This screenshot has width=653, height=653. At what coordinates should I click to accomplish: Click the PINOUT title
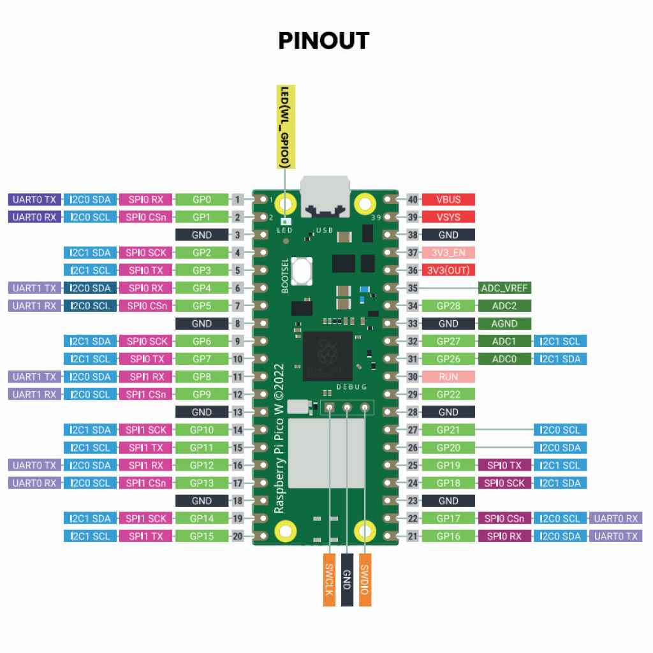point(323,41)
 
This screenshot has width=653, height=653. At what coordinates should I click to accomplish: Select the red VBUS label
point(448,200)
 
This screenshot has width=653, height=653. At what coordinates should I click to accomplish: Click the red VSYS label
point(448,217)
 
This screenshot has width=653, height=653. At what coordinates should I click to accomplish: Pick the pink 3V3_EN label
point(448,253)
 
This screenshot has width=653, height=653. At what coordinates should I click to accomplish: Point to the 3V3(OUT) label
point(448,270)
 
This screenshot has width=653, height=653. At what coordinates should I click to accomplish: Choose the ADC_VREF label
point(504,288)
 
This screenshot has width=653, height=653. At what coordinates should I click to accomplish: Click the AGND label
point(504,323)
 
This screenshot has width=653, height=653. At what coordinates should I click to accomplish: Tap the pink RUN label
point(448,376)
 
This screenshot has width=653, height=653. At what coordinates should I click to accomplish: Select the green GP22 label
point(448,394)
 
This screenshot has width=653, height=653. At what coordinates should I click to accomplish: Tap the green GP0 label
point(202,200)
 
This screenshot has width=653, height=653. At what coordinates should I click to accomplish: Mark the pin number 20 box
point(238,536)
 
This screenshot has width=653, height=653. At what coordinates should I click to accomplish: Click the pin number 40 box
point(413,200)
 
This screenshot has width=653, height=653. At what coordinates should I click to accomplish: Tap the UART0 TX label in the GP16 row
point(616,536)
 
